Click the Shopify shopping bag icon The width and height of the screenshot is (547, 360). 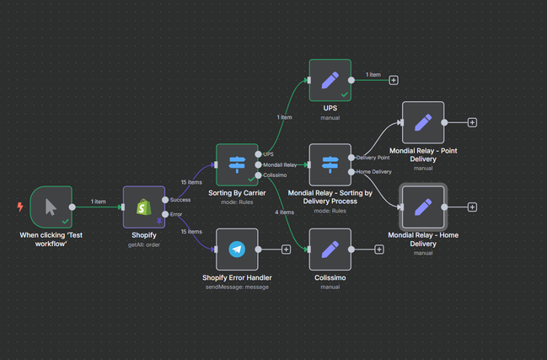click(x=144, y=207)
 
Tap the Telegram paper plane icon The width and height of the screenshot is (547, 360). click(x=237, y=250)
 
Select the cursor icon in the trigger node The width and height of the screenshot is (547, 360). click(x=51, y=207)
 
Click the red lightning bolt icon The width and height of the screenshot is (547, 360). click(x=20, y=207)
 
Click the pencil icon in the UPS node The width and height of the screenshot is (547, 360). click(x=330, y=80)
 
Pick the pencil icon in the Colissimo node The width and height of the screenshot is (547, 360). click(x=330, y=250)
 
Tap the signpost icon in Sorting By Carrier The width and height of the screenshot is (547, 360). click(x=237, y=164)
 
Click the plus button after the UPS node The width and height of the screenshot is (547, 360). click(x=394, y=80)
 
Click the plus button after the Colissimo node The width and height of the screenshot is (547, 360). click(x=379, y=250)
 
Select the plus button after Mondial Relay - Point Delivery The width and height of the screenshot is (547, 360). click(x=472, y=122)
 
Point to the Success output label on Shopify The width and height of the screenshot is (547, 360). click(x=180, y=200)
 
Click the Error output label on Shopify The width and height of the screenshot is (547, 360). click(x=176, y=214)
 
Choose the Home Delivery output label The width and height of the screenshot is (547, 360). click(x=373, y=172)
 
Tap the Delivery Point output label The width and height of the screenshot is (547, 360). click(x=373, y=158)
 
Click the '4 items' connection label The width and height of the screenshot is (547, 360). click(x=284, y=212)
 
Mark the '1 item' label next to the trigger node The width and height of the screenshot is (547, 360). click(x=98, y=201)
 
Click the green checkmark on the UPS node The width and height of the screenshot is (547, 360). click(x=345, y=94)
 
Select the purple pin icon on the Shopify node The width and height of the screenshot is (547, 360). click(x=159, y=221)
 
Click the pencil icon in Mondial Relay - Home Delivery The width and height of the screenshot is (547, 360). click(x=423, y=207)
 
